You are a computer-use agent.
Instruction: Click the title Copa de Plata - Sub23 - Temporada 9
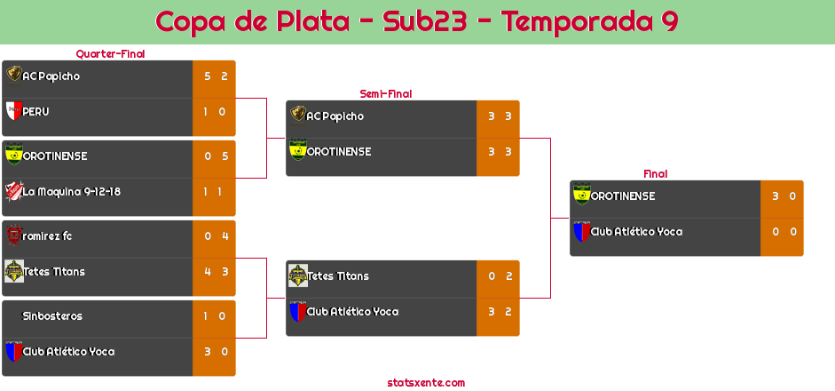tap(417, 21)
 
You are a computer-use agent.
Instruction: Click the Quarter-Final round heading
tap(109, 54)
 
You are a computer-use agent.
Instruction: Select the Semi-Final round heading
tap(384, 93)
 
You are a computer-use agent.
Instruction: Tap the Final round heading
tap(654, 174)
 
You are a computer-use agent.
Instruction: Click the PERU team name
tap(36, 112)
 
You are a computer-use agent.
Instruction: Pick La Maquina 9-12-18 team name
tap(72, 191)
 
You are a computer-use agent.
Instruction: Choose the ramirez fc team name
tap(48, 235)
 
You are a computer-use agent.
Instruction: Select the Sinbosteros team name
tap(52, 315)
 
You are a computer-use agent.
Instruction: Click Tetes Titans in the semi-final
tap(337, 276)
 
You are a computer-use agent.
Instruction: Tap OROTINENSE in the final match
tap(623, 196)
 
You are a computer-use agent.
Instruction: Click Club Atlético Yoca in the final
tap(636, 232)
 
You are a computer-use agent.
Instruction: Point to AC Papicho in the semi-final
tap(335, 116)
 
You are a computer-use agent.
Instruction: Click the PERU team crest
tap(13, 112)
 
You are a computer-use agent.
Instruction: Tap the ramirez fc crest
tap(13, 235)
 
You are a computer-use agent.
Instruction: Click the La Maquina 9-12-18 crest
tap(13, 191)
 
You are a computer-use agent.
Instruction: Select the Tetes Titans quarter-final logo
tap(13, 271)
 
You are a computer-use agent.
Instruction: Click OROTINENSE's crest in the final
tap(581, 195)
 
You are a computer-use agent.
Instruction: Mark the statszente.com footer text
tap(426, 383)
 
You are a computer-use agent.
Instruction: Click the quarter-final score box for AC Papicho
tap(215, 76)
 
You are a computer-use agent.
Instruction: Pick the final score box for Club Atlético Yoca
tap(783, 232)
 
